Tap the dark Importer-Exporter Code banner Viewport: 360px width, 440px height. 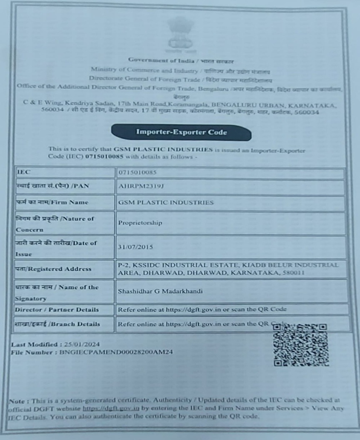181,132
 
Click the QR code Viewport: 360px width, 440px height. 300,344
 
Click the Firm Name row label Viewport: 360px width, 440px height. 52,202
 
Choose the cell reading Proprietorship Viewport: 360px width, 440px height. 140,223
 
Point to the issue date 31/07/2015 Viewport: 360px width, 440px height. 135,247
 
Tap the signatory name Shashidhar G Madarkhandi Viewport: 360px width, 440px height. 160,291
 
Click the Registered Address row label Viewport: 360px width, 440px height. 53,269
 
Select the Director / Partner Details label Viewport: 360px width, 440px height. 57,310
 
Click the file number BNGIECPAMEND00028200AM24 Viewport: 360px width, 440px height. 116,352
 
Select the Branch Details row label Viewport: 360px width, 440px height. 57,324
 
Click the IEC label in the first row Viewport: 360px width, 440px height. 23,172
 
